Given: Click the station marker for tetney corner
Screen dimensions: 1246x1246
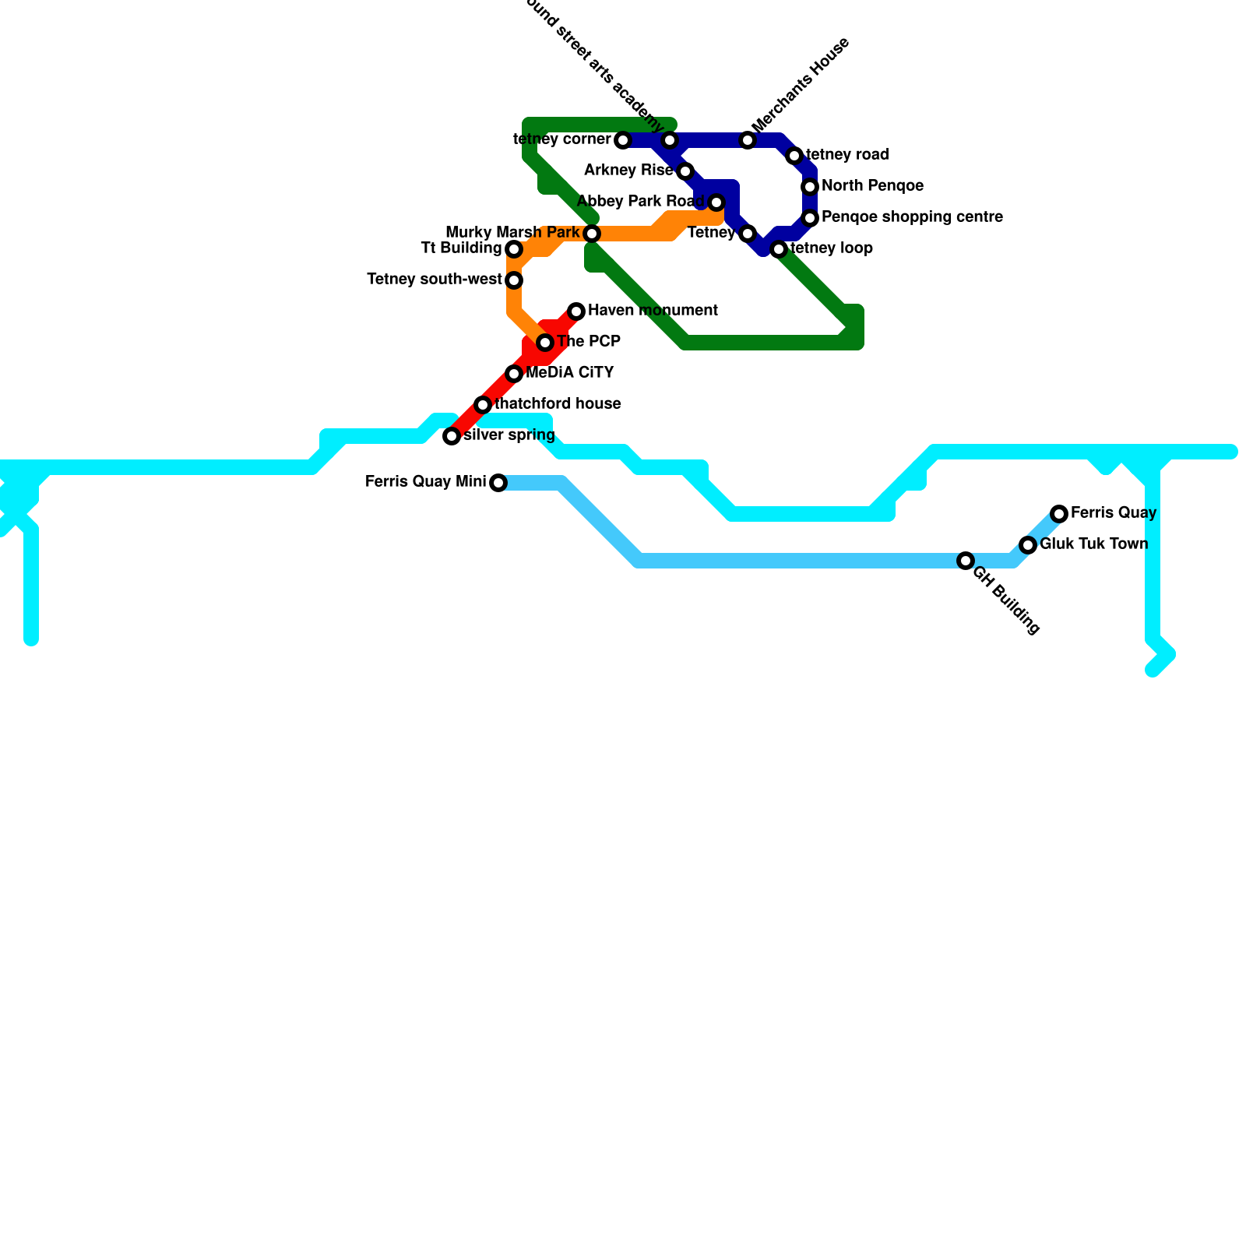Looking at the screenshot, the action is pos(623,140).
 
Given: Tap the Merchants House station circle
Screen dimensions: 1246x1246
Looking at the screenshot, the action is pos(748,140).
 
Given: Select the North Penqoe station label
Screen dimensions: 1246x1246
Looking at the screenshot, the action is pos(872,186).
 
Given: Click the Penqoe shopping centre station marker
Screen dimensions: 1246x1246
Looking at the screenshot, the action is pos(810,218).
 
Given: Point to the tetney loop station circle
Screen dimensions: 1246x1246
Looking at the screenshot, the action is pos(779,249).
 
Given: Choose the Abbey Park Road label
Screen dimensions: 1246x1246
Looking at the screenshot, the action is pos(640,202).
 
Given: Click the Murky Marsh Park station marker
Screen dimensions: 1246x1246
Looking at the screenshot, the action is pos(592,234).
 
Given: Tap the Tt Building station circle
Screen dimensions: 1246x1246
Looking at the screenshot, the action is pos(514,249).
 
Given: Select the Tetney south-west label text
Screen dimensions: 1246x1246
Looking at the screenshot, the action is pos(434,280).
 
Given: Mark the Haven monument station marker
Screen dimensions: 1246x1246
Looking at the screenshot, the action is pos(576,311).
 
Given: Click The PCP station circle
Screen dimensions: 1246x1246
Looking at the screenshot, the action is pos(545,343).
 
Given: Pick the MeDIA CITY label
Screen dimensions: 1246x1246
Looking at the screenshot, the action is pos(569,373).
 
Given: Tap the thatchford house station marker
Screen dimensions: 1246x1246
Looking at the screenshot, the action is pos(483,405).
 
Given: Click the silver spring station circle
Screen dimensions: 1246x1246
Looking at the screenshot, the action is pos(452,436).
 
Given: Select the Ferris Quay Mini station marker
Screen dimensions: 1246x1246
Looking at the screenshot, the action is pos(498,483).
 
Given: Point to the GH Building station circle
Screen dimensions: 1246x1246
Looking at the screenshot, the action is pos(966,561).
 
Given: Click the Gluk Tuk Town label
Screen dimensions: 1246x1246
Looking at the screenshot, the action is pos(1093,544).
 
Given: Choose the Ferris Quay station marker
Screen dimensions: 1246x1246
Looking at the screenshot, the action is pos(1059,514).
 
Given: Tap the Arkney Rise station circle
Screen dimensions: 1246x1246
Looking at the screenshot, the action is pos(685,171).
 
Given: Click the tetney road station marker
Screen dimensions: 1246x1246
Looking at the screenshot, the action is pos(794,156).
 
